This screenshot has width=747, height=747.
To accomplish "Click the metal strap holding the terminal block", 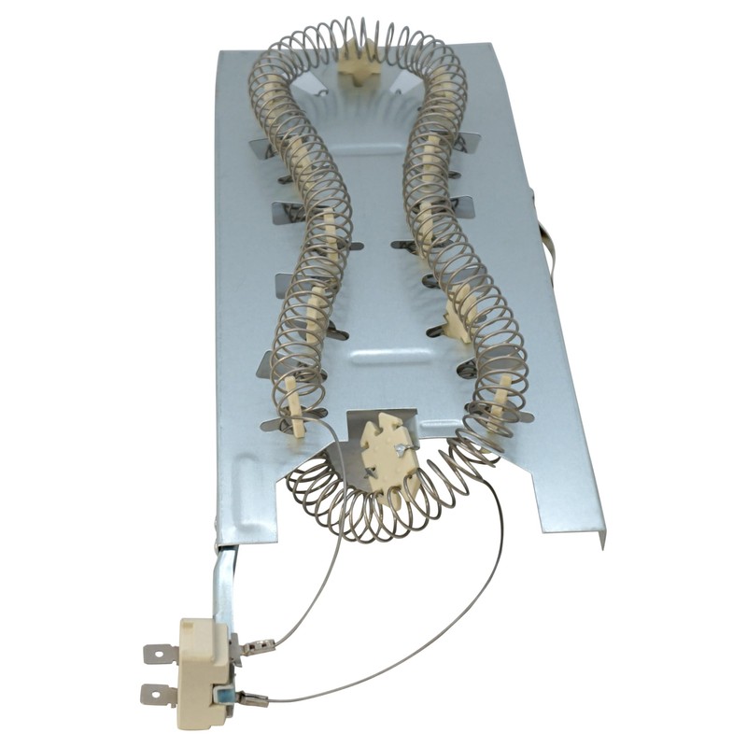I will [224, 579].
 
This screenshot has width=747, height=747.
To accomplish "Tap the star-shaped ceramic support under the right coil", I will [458, 317].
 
